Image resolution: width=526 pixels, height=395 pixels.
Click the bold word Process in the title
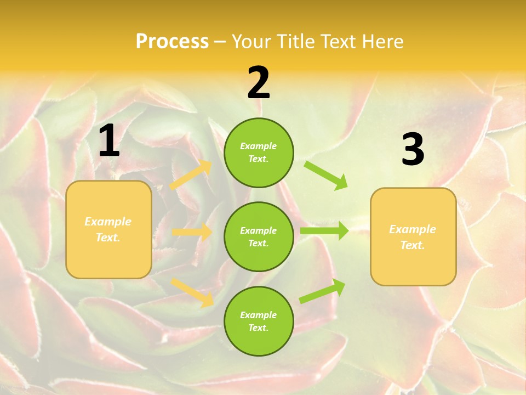pos(172,42)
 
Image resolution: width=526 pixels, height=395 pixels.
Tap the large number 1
pos(109,141)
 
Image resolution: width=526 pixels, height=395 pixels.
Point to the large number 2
pos(259,83)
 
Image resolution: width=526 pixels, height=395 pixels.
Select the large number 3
pos(413,149)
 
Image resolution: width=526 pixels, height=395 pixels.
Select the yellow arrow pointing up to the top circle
pos(191,175)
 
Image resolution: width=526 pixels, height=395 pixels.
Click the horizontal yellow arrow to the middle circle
pos(192,232)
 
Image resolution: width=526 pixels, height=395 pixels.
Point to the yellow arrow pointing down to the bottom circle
pos(192,292)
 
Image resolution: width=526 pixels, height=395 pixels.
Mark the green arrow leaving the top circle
pos(326,175)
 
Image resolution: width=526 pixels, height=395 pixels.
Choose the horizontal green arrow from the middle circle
pos(324,231)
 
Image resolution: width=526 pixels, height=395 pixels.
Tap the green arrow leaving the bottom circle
pos(322,291)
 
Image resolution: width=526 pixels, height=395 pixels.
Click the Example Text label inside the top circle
pos(259,153)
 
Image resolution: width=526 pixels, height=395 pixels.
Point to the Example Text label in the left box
pos(108,229)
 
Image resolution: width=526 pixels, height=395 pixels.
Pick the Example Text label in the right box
pos(413,237)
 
